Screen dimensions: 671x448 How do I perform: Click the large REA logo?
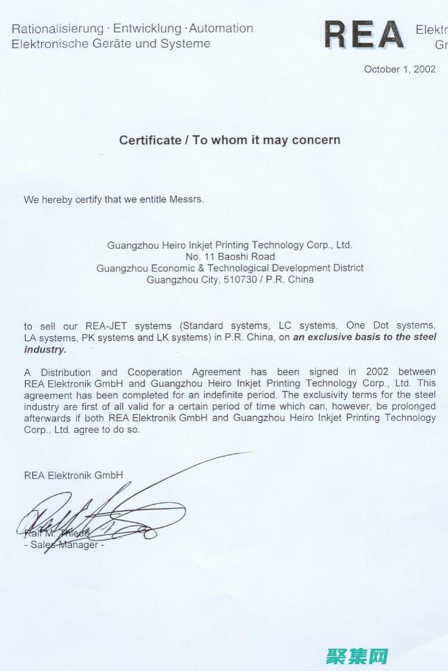point(363,35)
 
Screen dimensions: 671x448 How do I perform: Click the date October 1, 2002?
point(399,69)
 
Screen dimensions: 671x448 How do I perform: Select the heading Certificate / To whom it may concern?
point(229,140)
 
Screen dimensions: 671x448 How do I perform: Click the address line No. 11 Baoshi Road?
point(230,256)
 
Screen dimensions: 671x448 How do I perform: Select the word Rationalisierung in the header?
point(57,28)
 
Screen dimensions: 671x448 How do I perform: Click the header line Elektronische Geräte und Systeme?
point(111,44)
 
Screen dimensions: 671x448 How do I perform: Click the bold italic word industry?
point(45,350)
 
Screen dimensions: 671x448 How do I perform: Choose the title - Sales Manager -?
point(64,545)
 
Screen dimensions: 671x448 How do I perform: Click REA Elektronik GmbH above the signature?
point(73,475)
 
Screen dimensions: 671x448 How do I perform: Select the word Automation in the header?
point(221,28)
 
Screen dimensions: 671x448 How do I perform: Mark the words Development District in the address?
point(322,268)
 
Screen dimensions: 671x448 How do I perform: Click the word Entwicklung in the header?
point(147,28)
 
